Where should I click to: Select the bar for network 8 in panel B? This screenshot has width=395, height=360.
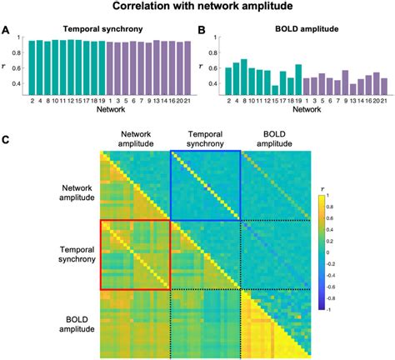243,79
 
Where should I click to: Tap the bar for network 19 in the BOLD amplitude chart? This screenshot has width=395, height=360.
298,81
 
